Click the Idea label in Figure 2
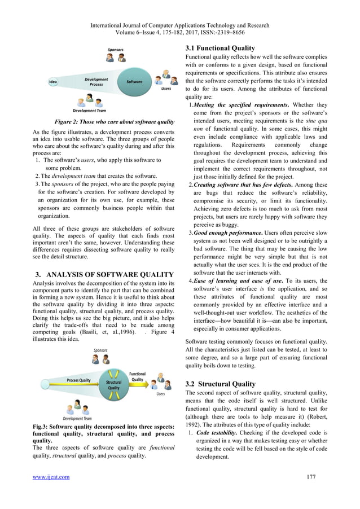pyautogui.click(x=53, y=82)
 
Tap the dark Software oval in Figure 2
pyautogui.click(x=134, y=82)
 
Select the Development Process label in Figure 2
pyautogui.click(x=96, y=82)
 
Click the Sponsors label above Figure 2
pyautogui.click(x=116, y=50)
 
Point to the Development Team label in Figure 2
pyautogui.click(x=90, y=111)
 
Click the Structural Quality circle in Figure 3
pyautogui.click(x=113, y=385)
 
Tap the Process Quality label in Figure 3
pyautogui.click(x=78, y=380)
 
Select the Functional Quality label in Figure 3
pyautogui.click(x=137, y=377)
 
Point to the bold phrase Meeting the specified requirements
pyautogui.click(x=249, y=104)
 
